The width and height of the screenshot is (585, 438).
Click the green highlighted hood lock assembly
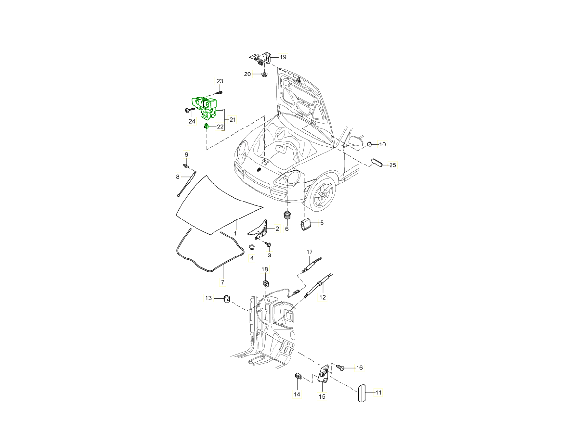point(205,108)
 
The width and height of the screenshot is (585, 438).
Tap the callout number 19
point(283,57)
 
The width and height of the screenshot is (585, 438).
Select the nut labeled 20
point(263,74)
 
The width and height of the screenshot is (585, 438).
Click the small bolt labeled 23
point(220,91)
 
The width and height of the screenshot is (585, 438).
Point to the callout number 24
point(191,121)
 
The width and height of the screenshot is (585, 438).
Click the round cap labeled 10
point(370,144)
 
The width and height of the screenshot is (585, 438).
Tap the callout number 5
point(322,223)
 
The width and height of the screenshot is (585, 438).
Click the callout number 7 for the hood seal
point(223,282)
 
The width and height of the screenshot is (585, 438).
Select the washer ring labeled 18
point(266,283)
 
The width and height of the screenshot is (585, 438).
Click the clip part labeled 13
point(227,298)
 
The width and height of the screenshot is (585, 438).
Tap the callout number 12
point(322,297)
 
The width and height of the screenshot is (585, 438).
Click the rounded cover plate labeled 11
point(362,393)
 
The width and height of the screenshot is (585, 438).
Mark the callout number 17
point(309,252)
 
